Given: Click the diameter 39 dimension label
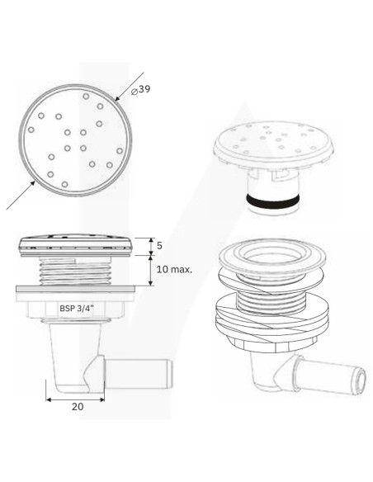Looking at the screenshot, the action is tap(141, 90).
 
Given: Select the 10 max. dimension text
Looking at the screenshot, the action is tap(174, 270).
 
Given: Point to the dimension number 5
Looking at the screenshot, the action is tap(159, 246).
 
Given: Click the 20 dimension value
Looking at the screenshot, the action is tap(78, 406).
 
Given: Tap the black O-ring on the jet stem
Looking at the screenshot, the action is tap(272, 201).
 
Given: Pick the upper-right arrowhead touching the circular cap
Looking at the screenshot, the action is tap(118, 98).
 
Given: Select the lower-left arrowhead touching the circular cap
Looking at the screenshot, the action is tap(32, 184).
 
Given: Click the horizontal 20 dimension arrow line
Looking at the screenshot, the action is tap(75, 399).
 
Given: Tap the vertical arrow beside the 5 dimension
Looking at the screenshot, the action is tap(151, 247).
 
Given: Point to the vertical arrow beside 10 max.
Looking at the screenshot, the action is tap(150, 271).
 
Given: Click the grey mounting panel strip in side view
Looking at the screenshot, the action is tap(75, 289).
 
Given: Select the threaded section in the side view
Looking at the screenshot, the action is tap(76, 272).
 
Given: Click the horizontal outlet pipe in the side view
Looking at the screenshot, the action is tap(139, 373).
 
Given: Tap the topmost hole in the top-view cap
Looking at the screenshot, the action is tap(86, 97).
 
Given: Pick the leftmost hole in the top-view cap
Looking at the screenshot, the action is tap(31, 130).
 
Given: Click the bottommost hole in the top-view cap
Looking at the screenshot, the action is tap(64, 184).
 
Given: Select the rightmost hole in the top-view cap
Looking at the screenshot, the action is tap(120, 151).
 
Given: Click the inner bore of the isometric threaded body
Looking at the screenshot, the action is tap(272, 255).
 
